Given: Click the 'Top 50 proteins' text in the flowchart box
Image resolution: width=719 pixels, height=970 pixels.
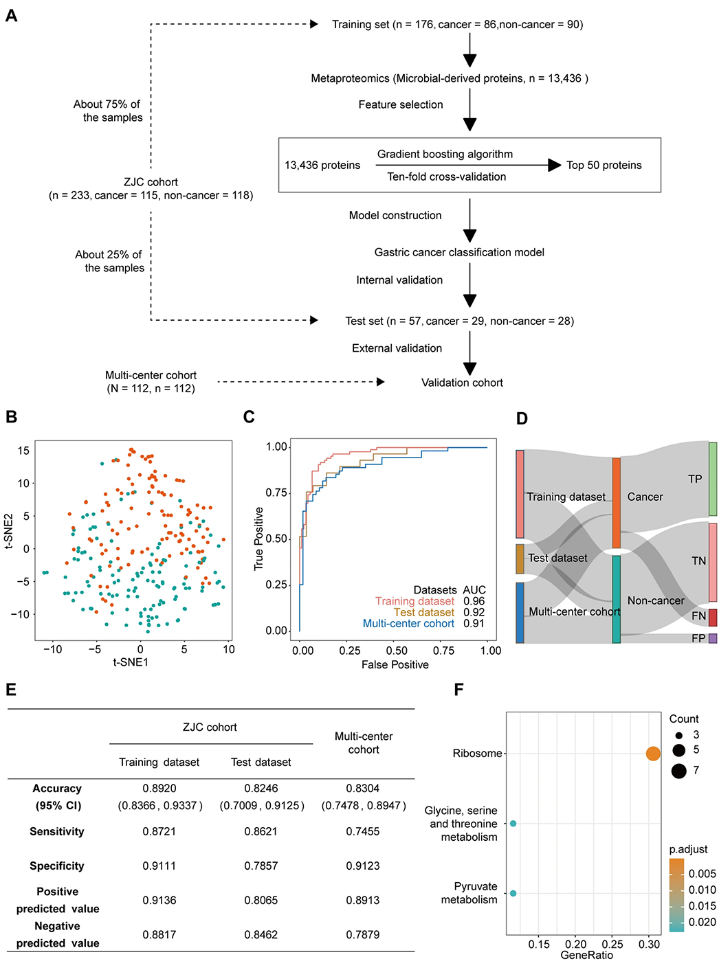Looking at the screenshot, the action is (604, 165).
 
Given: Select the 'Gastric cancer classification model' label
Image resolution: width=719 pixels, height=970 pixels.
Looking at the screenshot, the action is (459, 252).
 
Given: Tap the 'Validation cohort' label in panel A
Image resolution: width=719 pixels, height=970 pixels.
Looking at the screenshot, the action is (462, 383).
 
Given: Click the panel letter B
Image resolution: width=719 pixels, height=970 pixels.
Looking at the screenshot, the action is (12, 417).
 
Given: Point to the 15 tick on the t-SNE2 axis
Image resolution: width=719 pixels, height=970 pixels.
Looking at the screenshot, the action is (23, 451).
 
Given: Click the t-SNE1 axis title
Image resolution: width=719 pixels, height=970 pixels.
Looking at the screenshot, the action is (131, 662).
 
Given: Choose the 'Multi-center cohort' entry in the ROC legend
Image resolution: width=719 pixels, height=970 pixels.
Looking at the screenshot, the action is (408, 623).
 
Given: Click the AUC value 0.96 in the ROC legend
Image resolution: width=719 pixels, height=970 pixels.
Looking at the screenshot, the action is (474, 601).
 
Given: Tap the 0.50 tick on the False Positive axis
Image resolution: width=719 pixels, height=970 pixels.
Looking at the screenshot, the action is (397, 651).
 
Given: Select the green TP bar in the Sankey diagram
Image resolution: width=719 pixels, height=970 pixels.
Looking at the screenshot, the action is (712, 478).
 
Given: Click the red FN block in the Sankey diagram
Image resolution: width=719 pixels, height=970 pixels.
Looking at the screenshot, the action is (712, 617).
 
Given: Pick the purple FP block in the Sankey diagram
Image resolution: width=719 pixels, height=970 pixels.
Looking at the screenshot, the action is (712, 638).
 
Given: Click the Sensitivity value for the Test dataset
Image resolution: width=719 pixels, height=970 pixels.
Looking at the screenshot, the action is (261, 831).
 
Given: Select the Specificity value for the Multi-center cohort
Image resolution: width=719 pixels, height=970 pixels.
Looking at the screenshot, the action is (363, 866).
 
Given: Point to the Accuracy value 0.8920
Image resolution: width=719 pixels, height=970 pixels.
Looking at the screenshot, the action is (159, 788).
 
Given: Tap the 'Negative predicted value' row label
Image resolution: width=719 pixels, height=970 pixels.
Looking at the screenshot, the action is (57, 934).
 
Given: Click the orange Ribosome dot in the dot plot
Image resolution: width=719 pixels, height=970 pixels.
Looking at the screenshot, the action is (652, 754).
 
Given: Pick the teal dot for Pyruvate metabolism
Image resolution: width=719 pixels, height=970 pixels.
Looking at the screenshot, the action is (513, 893).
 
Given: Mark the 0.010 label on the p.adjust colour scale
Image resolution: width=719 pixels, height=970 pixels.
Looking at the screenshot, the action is (702, 890).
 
